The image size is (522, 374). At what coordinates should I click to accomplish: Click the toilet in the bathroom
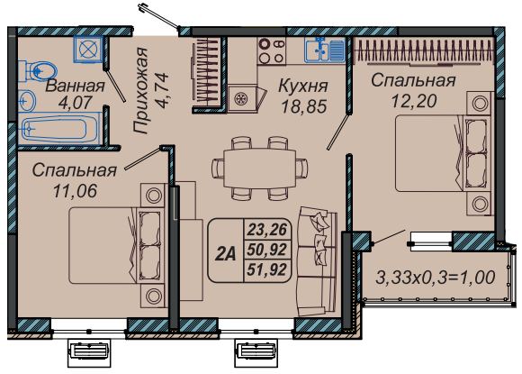37,70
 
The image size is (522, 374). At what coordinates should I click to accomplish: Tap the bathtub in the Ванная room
58,128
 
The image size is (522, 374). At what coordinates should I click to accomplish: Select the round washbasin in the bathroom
27,100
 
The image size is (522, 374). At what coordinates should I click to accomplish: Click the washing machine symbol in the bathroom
88,50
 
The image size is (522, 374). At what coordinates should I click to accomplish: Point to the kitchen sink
325,50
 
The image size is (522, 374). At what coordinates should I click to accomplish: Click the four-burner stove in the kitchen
272,51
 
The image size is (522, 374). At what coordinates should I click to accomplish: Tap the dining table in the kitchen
260,169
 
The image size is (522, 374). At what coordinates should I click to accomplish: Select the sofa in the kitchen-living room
317,261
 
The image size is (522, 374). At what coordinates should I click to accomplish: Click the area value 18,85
303,106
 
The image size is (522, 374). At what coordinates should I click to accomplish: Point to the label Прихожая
140,91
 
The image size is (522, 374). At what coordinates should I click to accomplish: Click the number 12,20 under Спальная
414,101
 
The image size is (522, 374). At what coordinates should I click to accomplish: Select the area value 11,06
75,191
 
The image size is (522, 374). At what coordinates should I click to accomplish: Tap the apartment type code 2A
225,254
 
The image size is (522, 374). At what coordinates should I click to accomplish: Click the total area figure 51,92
267,269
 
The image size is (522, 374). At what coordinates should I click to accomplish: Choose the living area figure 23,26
267,230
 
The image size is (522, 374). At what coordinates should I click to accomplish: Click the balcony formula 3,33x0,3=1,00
435,278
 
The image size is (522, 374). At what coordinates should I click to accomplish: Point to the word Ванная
75,86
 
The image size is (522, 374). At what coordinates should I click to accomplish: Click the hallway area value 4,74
163,91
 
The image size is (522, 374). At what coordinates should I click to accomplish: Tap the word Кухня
303,86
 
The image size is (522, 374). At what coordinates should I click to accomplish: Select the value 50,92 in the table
267,250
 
